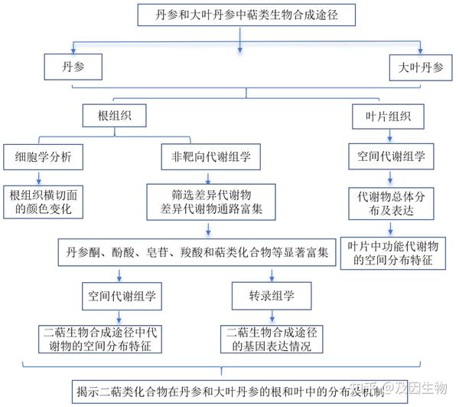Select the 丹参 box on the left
(73, 67)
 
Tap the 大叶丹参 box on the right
(418, 67)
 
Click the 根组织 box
(116, 117)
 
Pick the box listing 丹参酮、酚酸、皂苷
(197, 251)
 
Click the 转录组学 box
(272, 294)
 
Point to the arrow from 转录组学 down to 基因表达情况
(272, 316)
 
